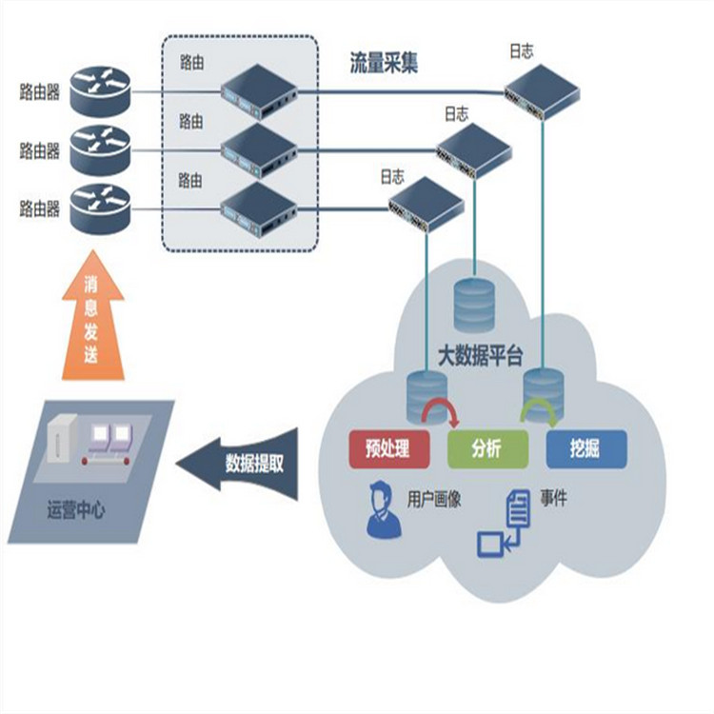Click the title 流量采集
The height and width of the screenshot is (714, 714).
coord(384,63)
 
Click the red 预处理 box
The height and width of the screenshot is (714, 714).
coord(387,448)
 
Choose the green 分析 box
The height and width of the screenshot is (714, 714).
coord(486,448)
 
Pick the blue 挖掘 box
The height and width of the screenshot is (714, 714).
coord(585,448)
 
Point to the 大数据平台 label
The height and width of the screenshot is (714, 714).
coord(480,357)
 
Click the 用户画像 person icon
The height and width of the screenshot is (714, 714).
coord(383,511)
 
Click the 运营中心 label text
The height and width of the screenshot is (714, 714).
coord(76,511)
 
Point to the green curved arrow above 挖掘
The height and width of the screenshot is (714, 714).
coord(540,411)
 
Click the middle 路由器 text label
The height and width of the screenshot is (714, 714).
coord(39,150)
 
